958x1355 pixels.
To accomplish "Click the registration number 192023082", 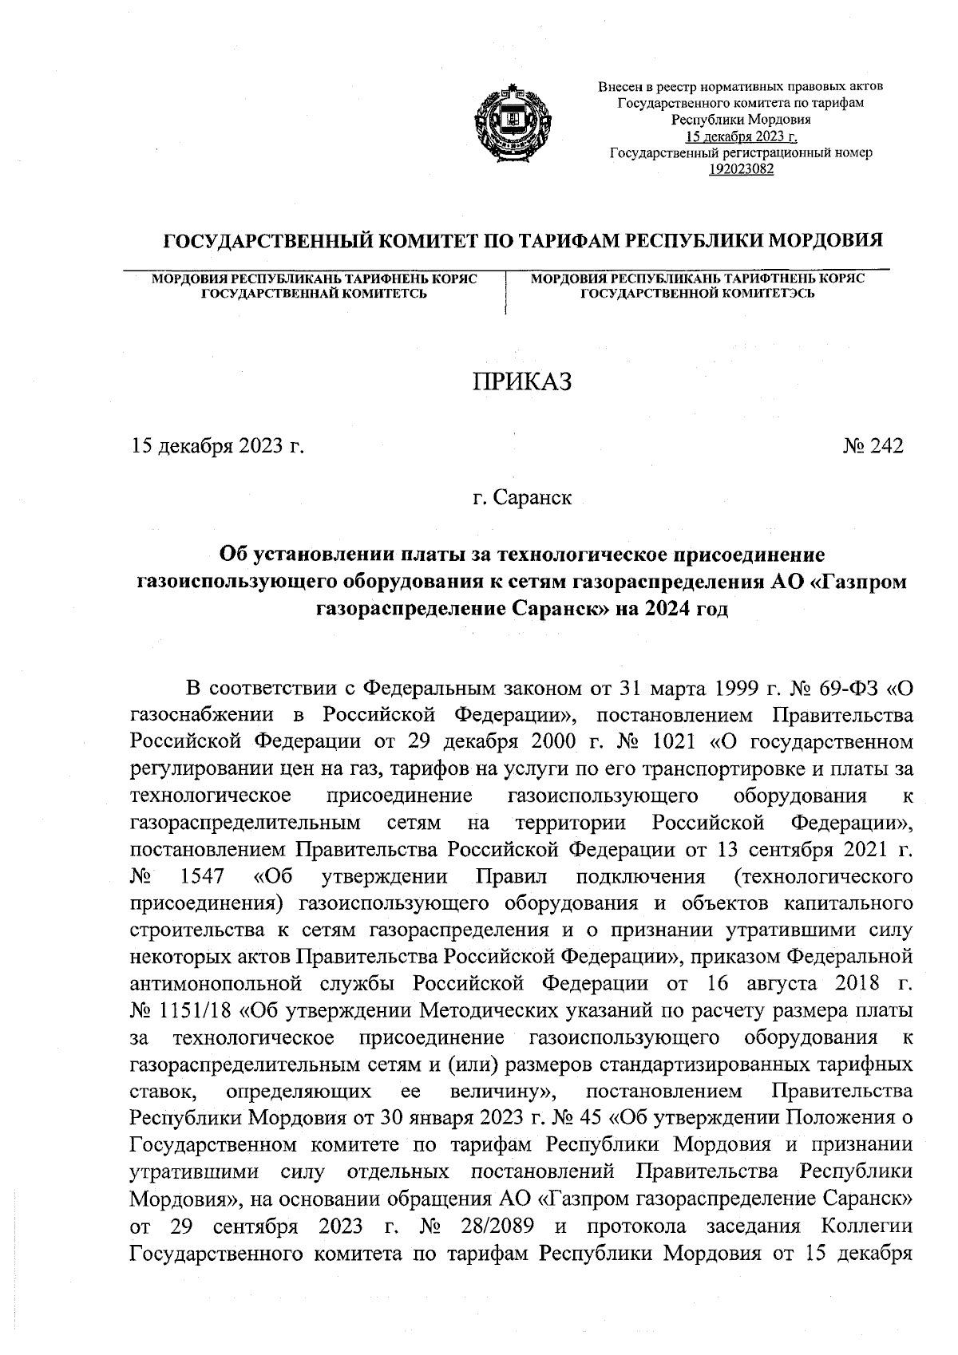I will (742, 168).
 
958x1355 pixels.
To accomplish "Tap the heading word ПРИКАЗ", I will (522, 382).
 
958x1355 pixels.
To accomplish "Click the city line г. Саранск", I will (521, 498).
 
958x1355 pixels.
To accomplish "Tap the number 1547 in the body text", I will (202, 876).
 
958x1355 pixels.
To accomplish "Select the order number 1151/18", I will (198, 1012).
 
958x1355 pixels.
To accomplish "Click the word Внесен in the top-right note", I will (618, 86).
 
